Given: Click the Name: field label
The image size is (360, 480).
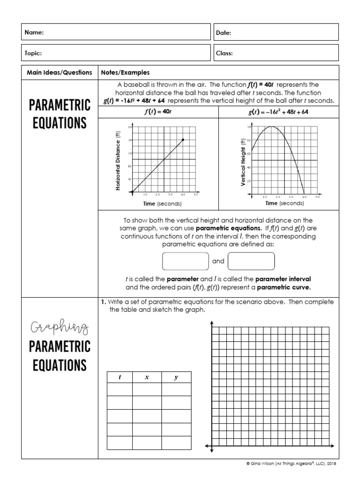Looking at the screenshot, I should (x=34, y=33).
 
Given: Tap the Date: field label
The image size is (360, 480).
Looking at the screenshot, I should (x=224, y=33).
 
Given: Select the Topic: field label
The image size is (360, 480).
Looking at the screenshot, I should (x=33, y=53).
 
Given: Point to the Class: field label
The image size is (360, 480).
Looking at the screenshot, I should (x=224, y=53).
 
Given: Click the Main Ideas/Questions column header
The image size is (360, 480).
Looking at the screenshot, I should (x=59, y=73).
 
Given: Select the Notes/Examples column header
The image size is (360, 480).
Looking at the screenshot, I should (x=125, y=73).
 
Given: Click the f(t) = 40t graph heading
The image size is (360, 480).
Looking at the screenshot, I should (x=158, y=112).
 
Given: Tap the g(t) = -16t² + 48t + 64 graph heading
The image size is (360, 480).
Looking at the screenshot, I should (x=278, y=112).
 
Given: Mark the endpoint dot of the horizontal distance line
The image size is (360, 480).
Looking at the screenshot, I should (x=183, y=140).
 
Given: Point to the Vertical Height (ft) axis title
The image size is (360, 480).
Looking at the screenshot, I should (x=243, y=162).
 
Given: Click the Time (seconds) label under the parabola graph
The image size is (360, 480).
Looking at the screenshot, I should (x=284, y=203).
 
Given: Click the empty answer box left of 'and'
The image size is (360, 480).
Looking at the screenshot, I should (x=185, y=261).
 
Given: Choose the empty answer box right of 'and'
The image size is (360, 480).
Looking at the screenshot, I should (x=251, y=261).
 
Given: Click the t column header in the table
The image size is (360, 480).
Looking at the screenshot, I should (x=120, y=377).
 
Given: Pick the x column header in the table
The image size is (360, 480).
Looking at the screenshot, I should (x=147, y=377).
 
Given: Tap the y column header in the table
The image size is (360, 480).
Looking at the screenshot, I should (x=176, y=377).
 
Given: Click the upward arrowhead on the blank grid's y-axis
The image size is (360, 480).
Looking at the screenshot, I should (x=212, y=323).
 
